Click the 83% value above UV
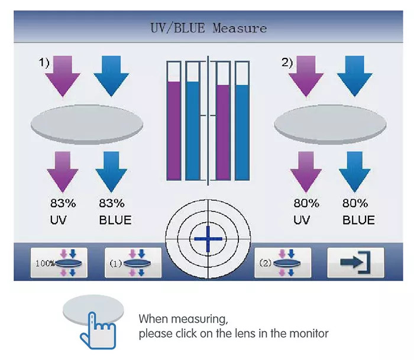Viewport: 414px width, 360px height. (x=63, y=203)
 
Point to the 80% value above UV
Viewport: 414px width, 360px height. (x=306, y=203)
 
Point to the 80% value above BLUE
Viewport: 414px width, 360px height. (x=355, y=203)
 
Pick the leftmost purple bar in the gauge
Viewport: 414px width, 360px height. (x=174, y=130)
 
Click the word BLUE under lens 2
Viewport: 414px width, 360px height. (x=358, y=220)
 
